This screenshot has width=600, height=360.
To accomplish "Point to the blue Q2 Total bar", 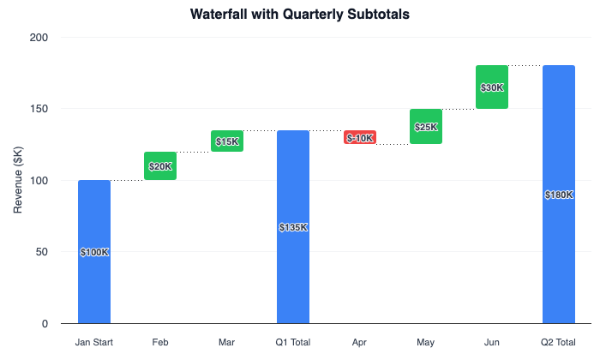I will [559, 257].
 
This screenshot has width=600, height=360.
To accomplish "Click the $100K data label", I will [94, 253].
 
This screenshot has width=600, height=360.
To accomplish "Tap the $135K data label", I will [293, 228].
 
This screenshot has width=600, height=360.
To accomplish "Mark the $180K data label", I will [559, 195].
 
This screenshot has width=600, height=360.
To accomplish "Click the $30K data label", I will [492, 87].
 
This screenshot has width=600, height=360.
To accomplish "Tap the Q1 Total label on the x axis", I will [293, 343].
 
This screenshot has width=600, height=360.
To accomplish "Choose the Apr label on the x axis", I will [360, 343].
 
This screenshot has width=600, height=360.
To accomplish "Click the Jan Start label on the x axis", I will [94, 343].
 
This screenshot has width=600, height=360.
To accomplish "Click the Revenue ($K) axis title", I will [19, 181].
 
